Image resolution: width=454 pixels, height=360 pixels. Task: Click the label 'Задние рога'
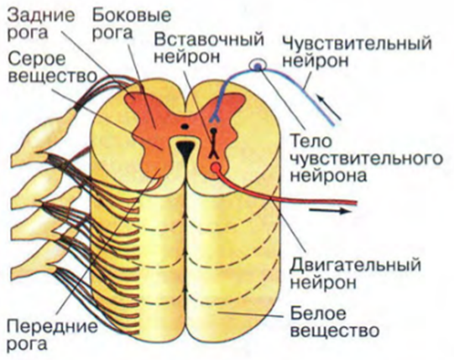click(40, 24)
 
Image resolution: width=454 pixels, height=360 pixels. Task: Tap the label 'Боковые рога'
click(132, 24)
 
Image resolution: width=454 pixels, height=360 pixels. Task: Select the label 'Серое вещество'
click(52, 68)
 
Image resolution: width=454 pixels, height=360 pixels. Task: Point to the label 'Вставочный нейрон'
click(209, 48)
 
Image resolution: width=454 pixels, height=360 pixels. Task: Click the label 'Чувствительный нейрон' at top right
click(357, 52)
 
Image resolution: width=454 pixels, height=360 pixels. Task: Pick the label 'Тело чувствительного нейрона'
click(367, 159)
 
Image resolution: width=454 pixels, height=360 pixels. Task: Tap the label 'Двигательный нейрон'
click(356, 273)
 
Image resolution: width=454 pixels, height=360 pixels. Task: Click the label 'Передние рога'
click(52, 335)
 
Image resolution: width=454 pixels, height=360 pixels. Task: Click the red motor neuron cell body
click(217, 167)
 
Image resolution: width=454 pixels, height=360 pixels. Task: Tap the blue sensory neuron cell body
click(258, 66)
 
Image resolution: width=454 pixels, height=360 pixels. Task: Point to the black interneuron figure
click(214, 143)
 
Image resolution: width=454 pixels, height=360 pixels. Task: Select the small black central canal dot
click(185, 126)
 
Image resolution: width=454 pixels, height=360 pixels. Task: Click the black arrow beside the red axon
click(330, 211)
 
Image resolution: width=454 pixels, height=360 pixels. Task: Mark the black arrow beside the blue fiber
click(329, 108)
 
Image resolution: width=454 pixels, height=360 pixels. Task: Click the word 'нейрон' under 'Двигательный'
click(323, 282)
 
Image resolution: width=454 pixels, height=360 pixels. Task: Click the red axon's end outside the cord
click(356, 203)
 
